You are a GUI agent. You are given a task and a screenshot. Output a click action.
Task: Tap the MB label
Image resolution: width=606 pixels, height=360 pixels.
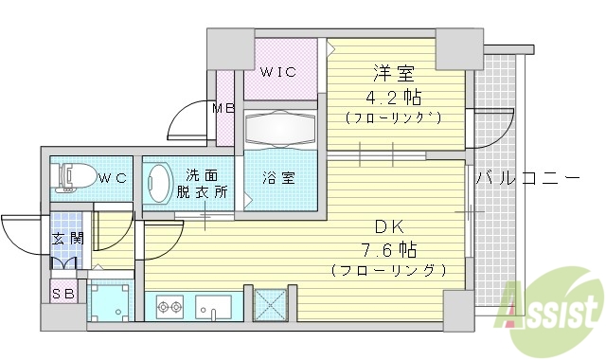223,108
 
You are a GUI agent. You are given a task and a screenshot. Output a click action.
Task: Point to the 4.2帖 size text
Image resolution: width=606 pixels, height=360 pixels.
396,97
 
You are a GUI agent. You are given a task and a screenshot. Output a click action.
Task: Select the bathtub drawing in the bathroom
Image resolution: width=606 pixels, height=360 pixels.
280,130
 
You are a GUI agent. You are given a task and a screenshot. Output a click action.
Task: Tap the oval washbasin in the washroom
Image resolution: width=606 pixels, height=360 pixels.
158,182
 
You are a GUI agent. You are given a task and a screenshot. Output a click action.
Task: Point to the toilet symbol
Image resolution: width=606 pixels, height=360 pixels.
75,176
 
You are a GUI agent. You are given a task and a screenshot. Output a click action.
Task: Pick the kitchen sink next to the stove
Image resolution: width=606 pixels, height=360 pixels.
213,307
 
